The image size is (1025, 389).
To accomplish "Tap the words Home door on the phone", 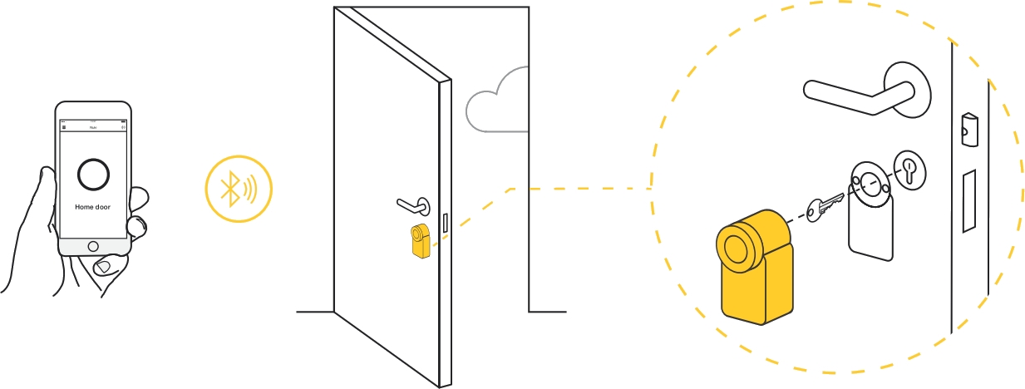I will click(x=92, y=207).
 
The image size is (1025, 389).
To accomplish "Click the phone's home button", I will click(x=93, y=246).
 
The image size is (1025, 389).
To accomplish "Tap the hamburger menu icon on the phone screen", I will click(x=64, y=127).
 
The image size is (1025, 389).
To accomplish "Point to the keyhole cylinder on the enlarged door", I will click(x=908, y=170).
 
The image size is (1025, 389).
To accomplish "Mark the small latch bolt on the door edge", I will click(x=968, y=128).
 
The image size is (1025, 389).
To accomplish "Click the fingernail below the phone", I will click(x=104, y=266).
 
